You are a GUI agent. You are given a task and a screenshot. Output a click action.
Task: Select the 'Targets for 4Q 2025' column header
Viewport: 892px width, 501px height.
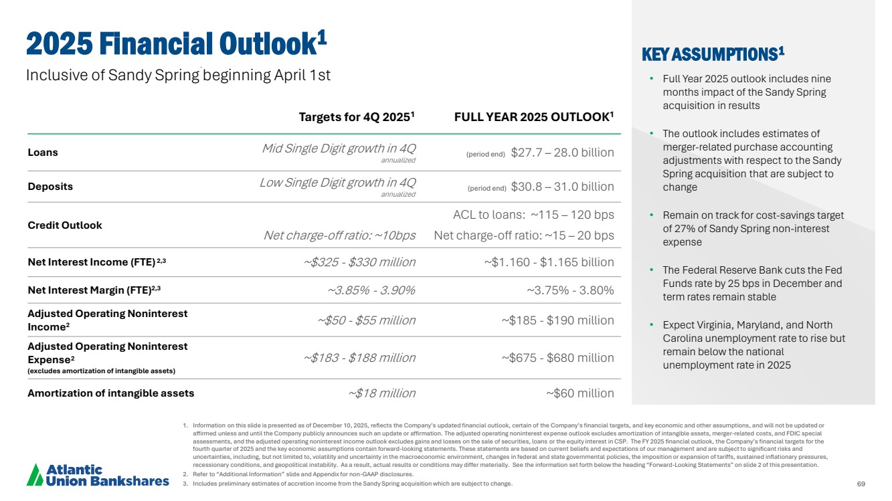click(x=357, y=116)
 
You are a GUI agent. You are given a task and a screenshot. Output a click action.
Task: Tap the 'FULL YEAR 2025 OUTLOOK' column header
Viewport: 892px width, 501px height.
click(x=534, y=116)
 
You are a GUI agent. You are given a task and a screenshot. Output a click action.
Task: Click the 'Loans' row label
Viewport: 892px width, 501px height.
click(x=43, y=153)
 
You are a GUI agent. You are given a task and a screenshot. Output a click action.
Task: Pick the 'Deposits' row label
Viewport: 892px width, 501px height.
click(x=50, y=187)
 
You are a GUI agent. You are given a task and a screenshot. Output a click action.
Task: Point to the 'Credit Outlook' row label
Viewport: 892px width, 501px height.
click(x=65, y=225)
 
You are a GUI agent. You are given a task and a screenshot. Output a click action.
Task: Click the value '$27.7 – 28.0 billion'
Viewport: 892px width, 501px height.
click(x=562, y=153)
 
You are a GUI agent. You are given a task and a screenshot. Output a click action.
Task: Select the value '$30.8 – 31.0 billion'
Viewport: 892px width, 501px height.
click(x=562, y=187)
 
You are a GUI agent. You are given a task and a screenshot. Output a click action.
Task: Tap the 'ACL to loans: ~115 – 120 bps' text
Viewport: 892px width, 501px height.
click(x=533, y=215)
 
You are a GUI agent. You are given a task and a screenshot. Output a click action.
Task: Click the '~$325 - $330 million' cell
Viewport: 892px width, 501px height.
click(x=359, y=262)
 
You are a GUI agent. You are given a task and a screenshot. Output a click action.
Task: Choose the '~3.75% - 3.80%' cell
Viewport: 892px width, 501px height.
click(x=570, y=290)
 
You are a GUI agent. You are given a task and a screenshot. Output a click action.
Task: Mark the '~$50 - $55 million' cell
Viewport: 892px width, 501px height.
click(x=366, y=320)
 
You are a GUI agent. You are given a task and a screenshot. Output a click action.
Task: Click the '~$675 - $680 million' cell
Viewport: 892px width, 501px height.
click(x=557, y=358)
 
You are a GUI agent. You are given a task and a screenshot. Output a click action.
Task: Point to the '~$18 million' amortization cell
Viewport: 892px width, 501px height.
click(x=382, y=393)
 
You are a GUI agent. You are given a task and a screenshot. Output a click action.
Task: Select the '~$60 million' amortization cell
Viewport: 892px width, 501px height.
click(x=580, y=393)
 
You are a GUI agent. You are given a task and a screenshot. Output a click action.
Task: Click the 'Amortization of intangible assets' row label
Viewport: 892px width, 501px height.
click(x=111, y=393)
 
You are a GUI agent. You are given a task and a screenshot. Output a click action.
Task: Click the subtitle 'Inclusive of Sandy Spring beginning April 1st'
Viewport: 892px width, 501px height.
click(x=178, y=76)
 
